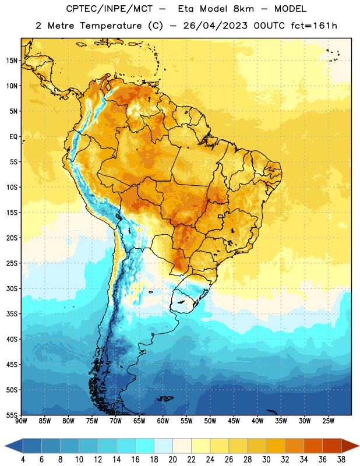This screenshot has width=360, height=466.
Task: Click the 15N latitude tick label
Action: (12, 61)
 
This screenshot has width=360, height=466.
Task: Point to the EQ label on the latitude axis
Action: (13, 137)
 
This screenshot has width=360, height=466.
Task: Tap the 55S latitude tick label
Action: (12, 415)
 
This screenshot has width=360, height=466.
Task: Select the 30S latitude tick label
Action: (12, 288)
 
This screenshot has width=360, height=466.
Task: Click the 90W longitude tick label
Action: (21, 421)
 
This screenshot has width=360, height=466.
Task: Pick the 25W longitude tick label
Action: (328, 421)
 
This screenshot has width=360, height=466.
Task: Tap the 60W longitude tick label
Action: (163, 421)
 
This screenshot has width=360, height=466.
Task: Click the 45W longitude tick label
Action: (234, 421)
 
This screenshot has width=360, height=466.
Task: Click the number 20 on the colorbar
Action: (172, 460)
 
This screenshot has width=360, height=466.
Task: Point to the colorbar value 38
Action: (341, 460)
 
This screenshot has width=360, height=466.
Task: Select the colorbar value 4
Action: (23, 460)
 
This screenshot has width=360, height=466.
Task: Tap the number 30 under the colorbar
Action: (266, 460)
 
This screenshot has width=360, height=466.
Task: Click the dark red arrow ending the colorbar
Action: (350, 446)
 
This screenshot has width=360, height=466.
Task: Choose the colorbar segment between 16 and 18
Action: (144, 446)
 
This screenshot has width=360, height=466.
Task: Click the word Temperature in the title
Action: (111, 26)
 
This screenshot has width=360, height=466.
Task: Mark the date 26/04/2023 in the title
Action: (215, 26)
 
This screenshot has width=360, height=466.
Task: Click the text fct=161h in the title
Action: (314, 26)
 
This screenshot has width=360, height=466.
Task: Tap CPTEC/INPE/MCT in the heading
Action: (110, 9)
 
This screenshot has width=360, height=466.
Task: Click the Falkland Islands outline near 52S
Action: (165, 398)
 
